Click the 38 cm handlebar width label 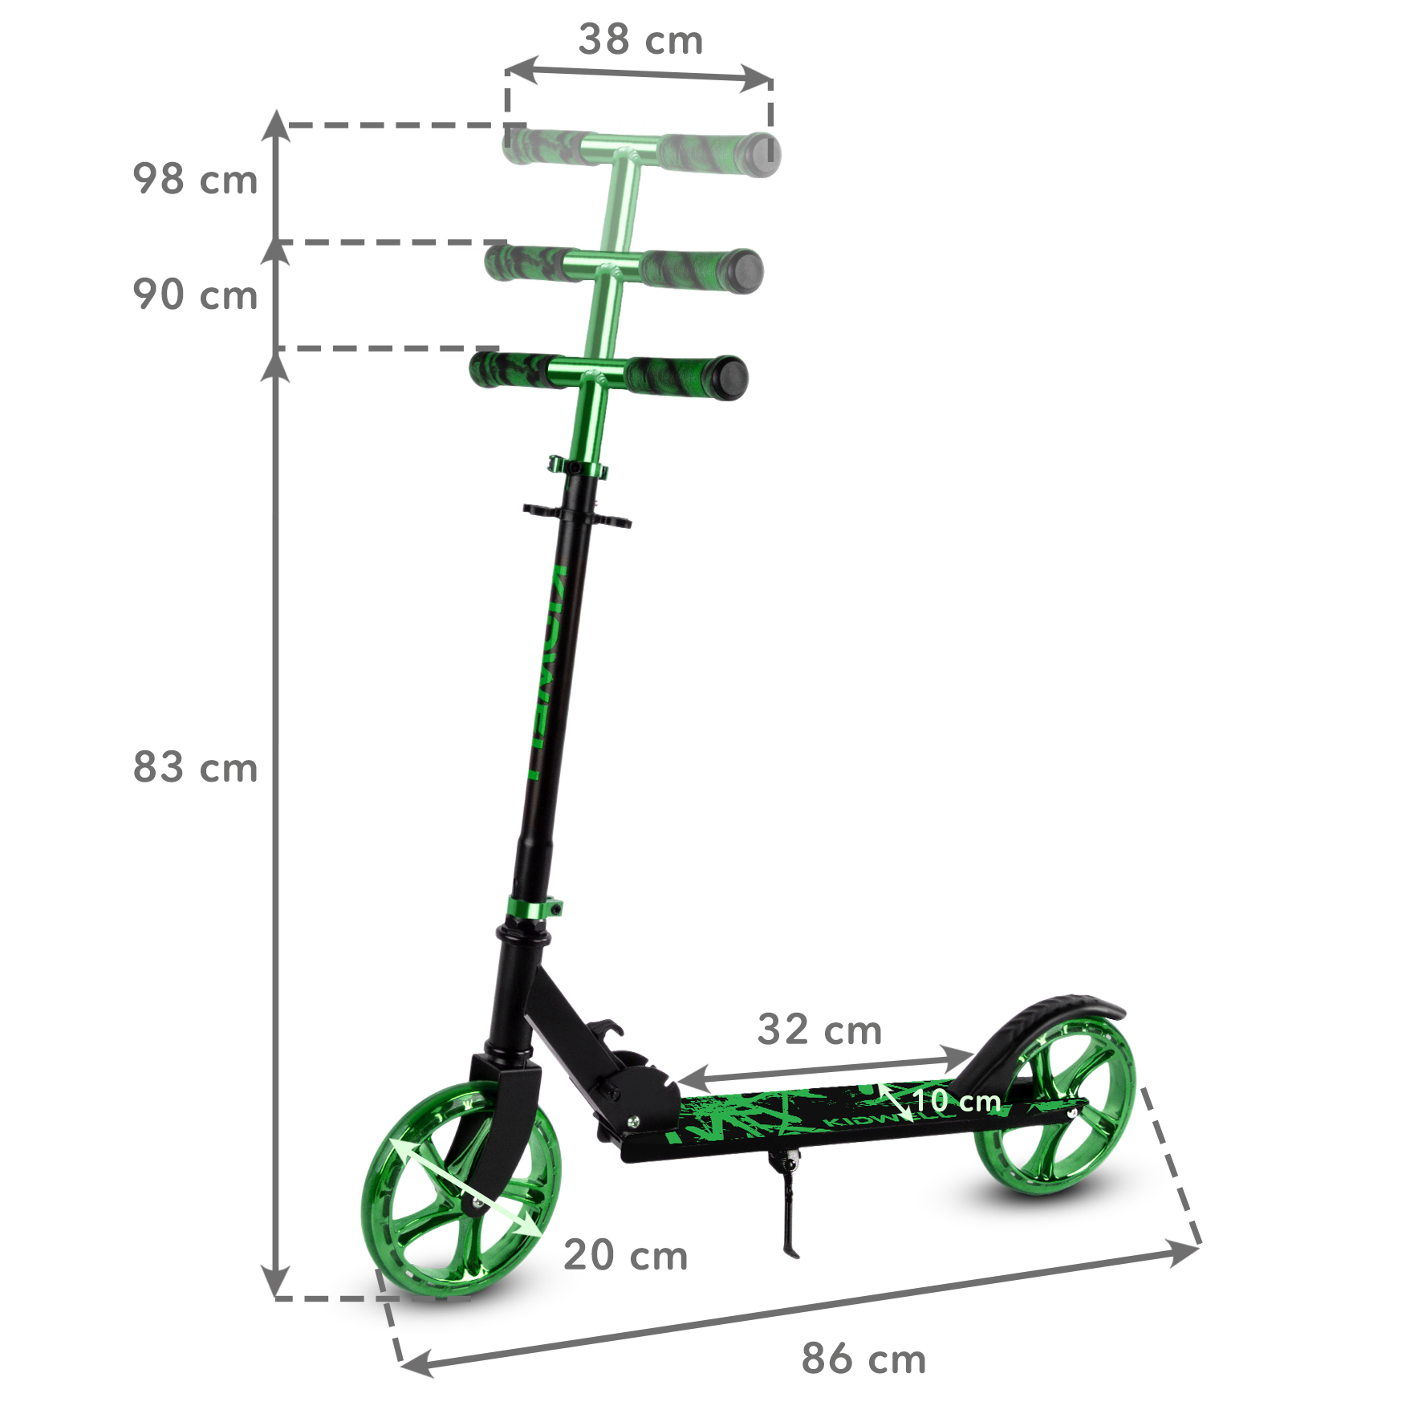tap(640, 40)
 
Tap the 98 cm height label tap(195, 180)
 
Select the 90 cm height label tap(195, 295)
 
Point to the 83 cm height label tap(195, 767)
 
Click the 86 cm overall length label tap(863, 1359)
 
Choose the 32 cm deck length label tap(819, 1030)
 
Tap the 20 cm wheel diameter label tap(625, 1255)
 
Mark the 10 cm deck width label tap(957, 1101)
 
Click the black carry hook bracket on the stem tap(576, 515)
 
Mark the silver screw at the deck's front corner tap(632, 1123)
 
